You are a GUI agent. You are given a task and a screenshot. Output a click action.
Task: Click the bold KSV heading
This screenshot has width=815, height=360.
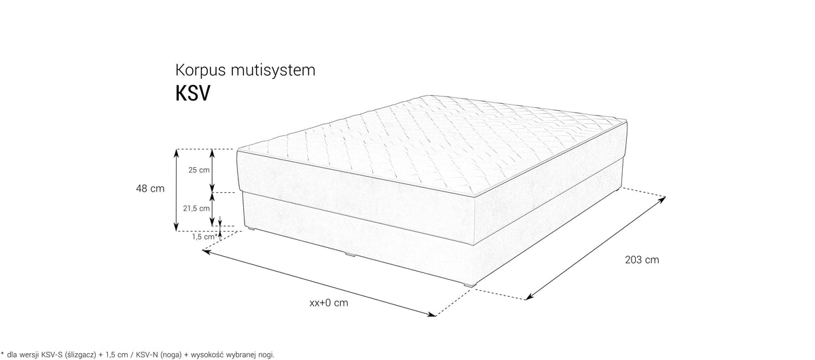[x=193, y=94]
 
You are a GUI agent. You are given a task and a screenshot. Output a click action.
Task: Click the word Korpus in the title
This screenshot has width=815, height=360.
[x=201, y=71]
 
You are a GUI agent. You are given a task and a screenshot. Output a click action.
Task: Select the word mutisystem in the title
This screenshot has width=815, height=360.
[x=273, y=70]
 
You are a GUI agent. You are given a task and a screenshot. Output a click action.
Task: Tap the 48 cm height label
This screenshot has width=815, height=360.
[x=150, y=189]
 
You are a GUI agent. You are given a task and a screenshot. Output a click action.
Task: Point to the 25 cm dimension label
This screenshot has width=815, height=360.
[x=199, y=170]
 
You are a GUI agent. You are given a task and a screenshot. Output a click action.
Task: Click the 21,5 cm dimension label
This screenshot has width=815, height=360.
[x=196, y=209]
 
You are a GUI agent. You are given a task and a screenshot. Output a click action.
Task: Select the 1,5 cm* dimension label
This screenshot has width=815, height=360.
[x=204, y=237]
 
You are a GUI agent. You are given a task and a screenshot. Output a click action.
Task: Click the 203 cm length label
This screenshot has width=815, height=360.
[x=642, y=260]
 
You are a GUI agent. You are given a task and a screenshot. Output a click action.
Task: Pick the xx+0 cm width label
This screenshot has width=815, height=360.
[x=329, y=303]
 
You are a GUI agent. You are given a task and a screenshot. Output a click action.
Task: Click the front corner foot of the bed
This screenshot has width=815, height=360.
[x=468, y=284]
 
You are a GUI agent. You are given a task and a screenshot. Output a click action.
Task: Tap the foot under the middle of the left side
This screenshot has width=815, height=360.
[x=350, y=255]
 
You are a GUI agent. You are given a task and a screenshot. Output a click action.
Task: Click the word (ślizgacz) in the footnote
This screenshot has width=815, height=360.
[x=80, y=355]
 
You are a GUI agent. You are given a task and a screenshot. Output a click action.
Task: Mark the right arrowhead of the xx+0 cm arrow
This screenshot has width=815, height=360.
[x=432, y=315]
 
